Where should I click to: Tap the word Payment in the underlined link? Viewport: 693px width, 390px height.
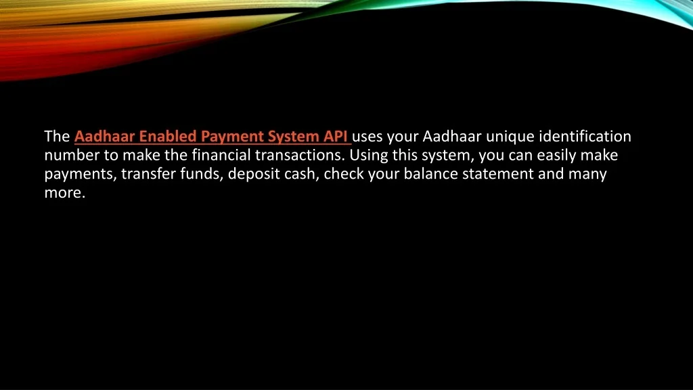click(231, 137)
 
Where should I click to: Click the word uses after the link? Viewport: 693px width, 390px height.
click(367, 137)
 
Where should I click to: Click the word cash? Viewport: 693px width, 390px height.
click(301, 174)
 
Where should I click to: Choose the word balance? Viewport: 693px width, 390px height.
click(430, 174)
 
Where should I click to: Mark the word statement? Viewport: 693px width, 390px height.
click(497, 174)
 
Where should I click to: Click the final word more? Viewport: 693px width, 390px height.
click(64, 193)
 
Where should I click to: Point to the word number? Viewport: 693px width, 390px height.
click(72, 155)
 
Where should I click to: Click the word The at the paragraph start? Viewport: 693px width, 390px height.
click(57, 136)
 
